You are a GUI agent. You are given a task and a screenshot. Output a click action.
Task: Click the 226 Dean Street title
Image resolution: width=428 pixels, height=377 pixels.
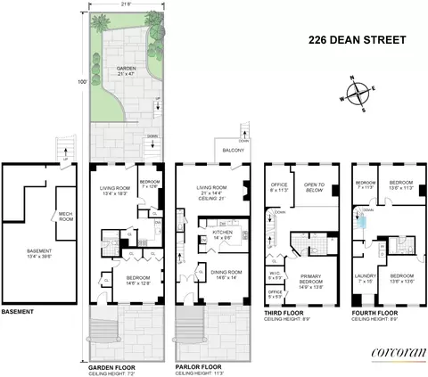point(352,38)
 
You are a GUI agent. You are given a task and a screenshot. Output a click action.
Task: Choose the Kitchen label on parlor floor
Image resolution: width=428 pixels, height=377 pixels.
point(221,234)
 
